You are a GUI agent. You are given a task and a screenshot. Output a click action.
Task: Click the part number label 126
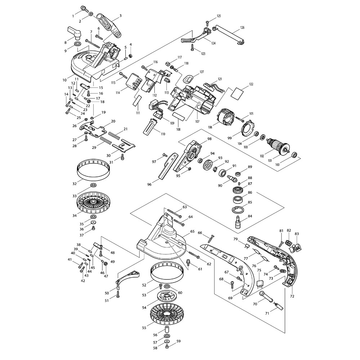242,28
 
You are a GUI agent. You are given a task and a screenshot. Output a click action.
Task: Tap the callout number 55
144,328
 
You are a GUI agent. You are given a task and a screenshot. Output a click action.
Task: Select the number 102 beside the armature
262,156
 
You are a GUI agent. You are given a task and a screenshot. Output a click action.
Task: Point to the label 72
292,296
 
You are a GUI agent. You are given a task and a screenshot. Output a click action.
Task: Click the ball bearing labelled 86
238,199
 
